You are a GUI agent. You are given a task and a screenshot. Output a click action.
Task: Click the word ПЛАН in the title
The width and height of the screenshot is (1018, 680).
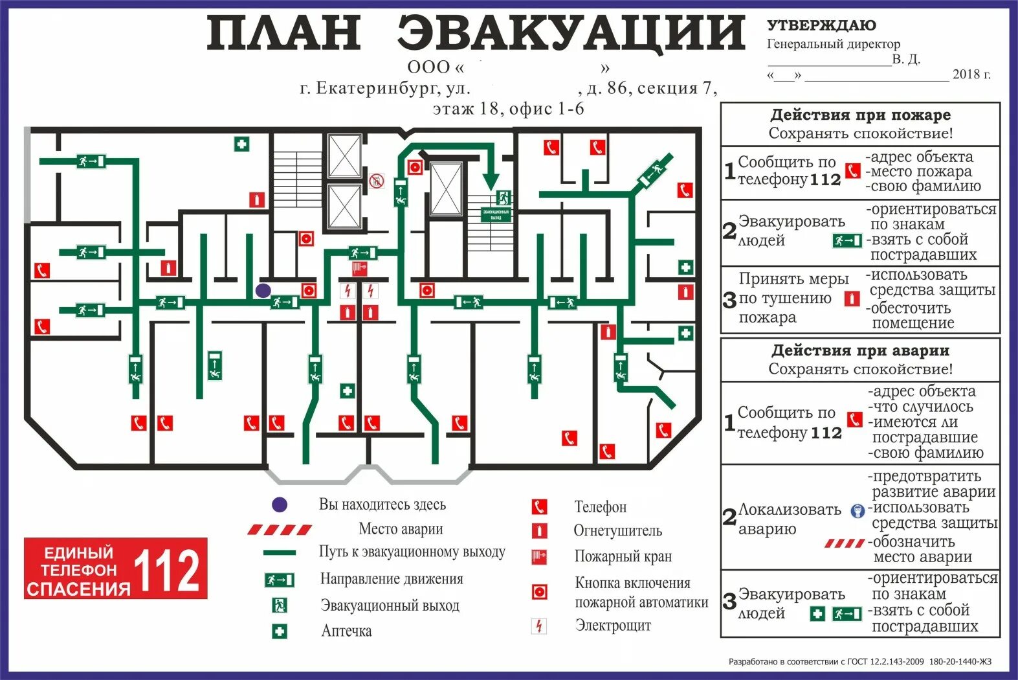click(283, 34)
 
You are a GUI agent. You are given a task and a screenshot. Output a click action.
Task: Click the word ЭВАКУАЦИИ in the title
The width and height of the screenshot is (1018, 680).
click(571, 34)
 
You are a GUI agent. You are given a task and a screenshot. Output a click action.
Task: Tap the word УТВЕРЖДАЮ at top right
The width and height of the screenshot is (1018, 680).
click(821, 26)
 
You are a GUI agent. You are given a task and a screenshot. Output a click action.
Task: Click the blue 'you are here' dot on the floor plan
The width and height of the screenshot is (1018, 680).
click(263, 291)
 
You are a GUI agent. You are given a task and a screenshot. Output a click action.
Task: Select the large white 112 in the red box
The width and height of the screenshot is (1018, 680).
click(167, 570)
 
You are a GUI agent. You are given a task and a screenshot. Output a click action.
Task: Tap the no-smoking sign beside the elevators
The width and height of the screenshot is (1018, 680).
click(377, 181)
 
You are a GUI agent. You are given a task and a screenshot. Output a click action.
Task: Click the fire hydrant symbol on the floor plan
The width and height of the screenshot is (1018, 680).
click(359, 267)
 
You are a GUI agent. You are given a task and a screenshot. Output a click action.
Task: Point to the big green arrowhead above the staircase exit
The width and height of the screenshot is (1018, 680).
click(491, 179)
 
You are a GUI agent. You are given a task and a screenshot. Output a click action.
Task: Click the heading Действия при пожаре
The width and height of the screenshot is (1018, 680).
click(860, 115)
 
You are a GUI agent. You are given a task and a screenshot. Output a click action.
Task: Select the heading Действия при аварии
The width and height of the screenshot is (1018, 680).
click(860, 351)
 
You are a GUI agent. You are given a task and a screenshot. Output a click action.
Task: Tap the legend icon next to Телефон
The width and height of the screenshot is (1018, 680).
click(538, 506)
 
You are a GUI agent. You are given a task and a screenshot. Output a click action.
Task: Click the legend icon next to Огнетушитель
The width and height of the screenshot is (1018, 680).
click(538, 531)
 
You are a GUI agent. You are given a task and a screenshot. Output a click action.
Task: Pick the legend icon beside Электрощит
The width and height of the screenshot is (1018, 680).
click(538, 626)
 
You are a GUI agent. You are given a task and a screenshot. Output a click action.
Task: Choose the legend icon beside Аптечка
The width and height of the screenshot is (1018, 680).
click(280, 631)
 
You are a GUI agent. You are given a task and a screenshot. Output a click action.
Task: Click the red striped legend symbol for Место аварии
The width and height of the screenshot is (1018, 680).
click(280, 530)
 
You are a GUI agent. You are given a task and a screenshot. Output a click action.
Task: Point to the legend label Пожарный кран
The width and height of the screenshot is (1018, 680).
click(623, 556)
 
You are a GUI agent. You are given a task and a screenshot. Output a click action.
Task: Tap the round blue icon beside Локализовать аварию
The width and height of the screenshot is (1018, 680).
click(858, 512)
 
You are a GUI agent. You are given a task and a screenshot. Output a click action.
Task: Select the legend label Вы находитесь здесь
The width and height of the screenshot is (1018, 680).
click(382, 504)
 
